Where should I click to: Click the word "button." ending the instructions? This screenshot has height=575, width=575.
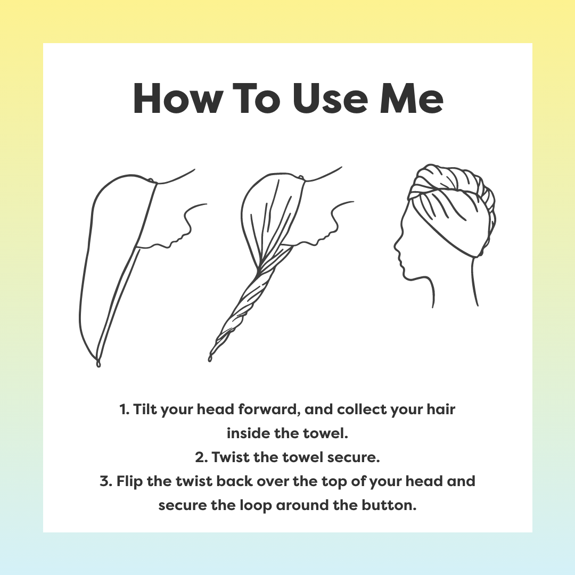[x=391, y=505]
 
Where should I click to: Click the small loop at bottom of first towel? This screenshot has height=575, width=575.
[x=97, y=364]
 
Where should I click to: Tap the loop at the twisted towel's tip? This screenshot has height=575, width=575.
[x=210, y=357]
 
